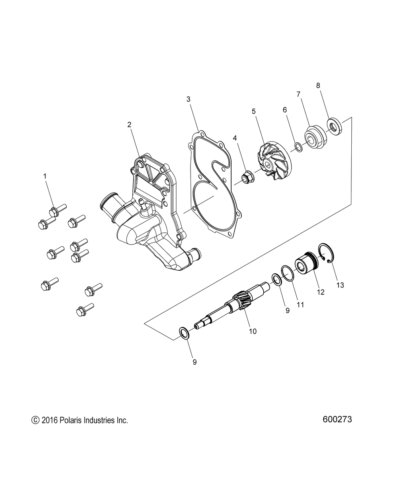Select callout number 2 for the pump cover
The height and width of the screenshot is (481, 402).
(129, 125)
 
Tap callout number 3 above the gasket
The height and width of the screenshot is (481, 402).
(188, 99)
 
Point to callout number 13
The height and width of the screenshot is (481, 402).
(340, 285)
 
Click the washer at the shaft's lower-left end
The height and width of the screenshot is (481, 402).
(184, 333)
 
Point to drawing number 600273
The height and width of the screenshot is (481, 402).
(337, 419)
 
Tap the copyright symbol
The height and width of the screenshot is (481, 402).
(35, 421)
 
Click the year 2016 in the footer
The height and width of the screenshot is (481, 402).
(49, 421)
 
